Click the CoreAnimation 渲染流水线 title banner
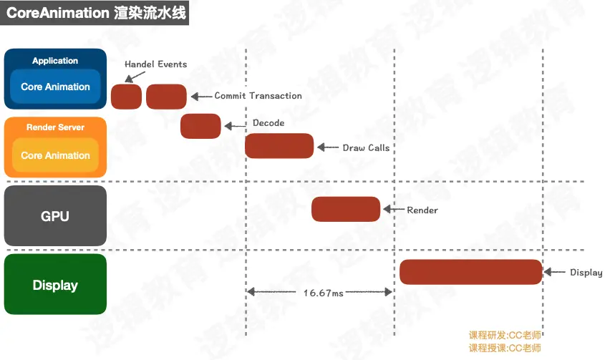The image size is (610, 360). click(x=95, y=14)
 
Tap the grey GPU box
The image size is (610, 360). click(x=55, y=215)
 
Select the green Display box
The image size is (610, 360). click(x=55, y=285)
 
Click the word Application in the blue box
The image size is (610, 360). click(x=55, y=61)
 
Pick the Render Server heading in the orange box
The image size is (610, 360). click(x=55, y=127)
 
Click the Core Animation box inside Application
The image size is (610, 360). click(x=55, y=87)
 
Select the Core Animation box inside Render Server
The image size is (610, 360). click(x=55, y=155)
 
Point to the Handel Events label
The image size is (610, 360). click(x=155, y=64)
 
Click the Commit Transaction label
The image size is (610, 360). click(x=258, y=96)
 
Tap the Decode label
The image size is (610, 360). click(x=268, y=123)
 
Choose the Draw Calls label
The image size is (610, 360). click(x=366, y=147)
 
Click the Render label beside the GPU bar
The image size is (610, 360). click(x=422, y=210)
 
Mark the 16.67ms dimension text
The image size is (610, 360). click(x=323, y=293)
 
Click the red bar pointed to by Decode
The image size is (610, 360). click(x=200, y=126)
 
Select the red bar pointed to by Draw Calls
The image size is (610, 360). click(x=279, y=146)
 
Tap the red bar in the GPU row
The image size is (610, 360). click(x=346, y=209)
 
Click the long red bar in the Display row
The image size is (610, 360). click(x=470, y=272)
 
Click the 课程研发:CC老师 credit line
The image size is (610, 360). click(x=505, y=336)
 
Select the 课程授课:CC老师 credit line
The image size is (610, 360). click(x=505, y=348)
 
